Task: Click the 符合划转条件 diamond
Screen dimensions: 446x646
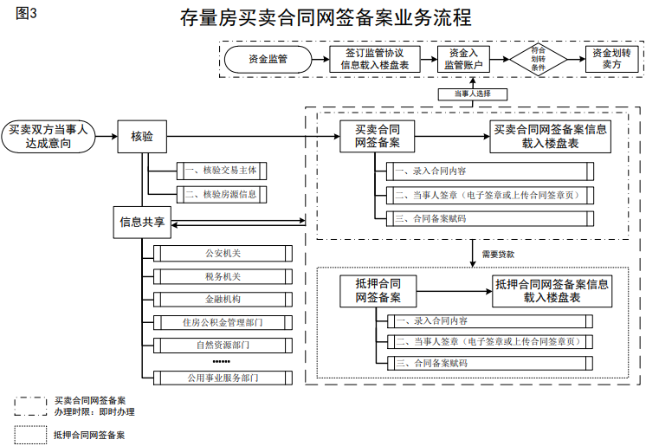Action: pos(538,59)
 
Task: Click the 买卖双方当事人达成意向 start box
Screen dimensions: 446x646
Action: pos(48,136)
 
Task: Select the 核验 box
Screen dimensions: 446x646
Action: pos(142,136)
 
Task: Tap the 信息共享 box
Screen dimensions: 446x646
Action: pos(142,222)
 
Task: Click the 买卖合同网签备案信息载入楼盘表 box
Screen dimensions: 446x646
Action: pos(551,136)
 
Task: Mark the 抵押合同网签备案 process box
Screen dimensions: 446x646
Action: pos(378,290)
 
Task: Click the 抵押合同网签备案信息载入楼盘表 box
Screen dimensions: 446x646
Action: pos(551,290)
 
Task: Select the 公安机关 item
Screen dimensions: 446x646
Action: pos(223,253)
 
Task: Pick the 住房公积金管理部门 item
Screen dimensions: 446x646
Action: pos(223,323)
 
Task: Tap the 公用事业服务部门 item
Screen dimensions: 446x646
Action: pos(223,378)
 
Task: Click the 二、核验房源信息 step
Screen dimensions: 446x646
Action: pos(222,194)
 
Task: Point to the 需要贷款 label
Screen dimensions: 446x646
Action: pos(498,255)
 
